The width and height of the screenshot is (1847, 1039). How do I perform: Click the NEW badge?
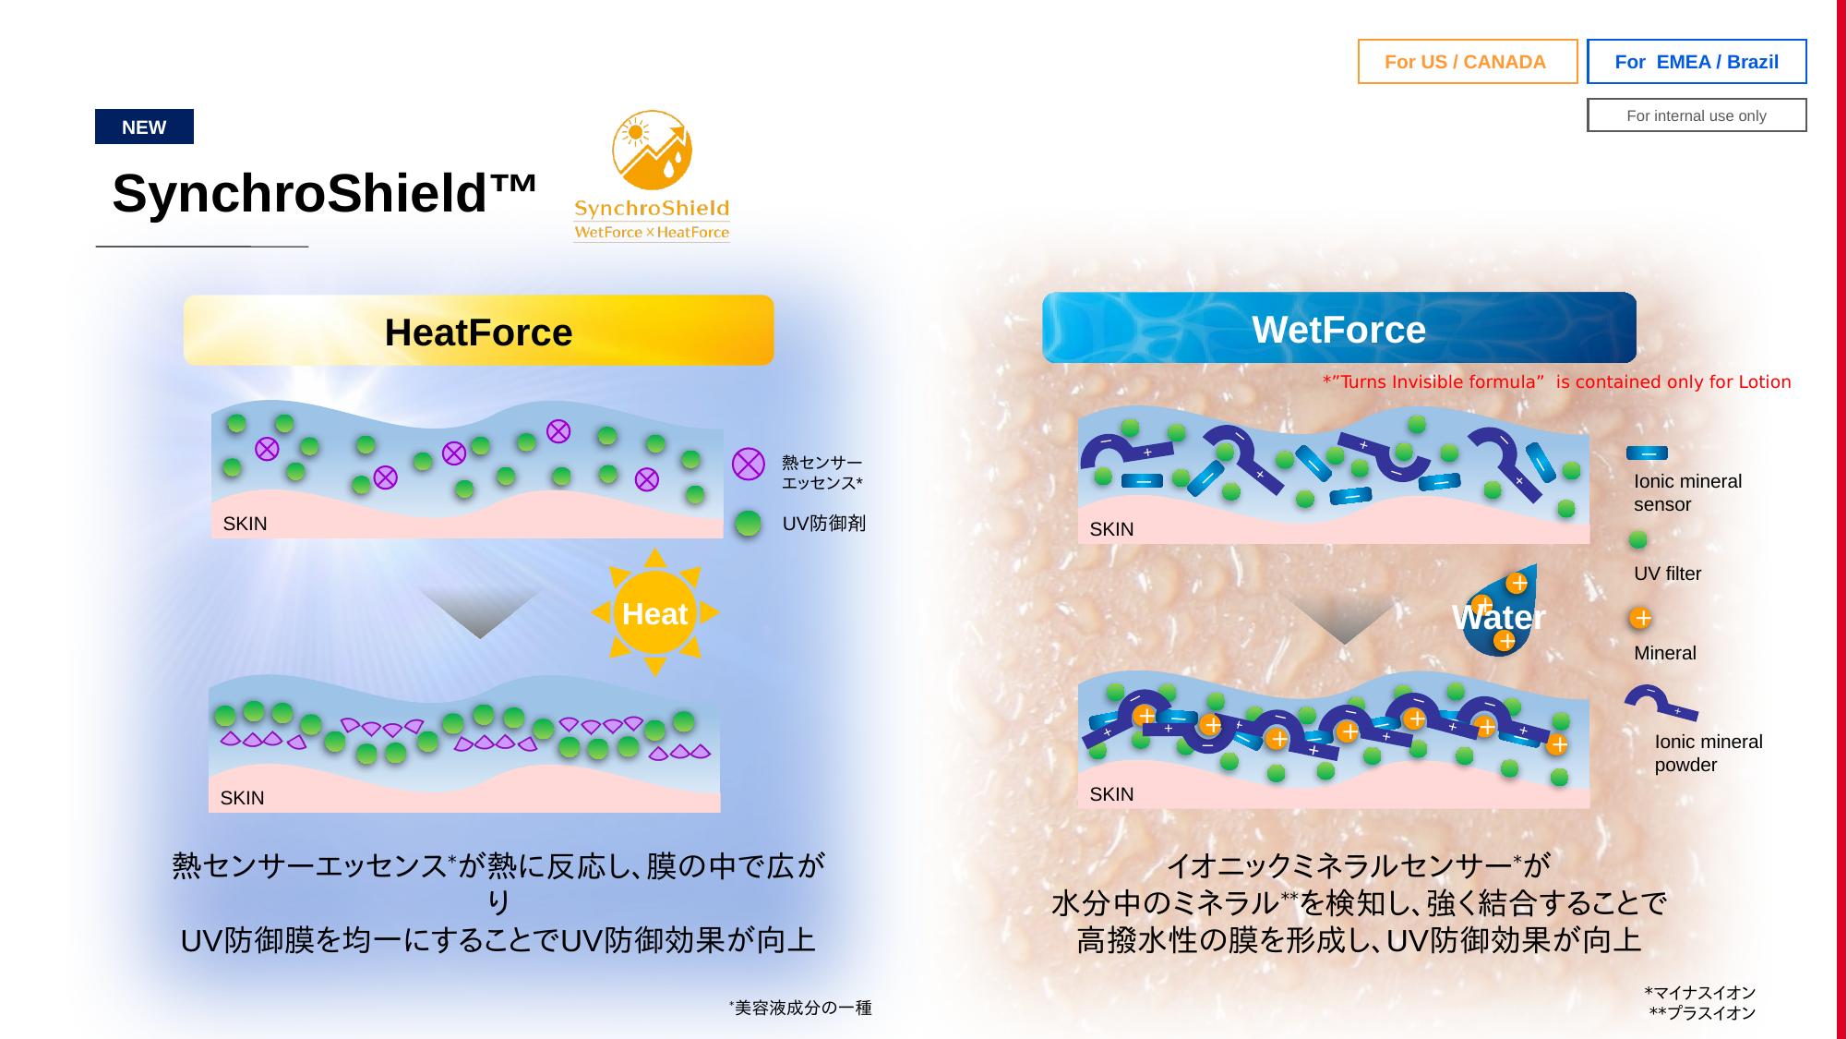tap(144, 127)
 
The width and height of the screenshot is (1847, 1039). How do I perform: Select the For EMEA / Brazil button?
tap(1697, 62)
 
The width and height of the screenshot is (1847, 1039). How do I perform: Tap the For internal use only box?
tap(1697, 115)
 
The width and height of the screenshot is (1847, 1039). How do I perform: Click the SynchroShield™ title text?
tap(324, 194)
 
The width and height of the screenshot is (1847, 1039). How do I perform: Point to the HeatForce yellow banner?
tap(478, 331)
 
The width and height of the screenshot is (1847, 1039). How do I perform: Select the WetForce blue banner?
tap(1338, 328)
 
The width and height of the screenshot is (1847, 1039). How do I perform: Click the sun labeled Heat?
tap(654, 612)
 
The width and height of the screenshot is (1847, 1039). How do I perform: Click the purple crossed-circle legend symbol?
tap(749, 464)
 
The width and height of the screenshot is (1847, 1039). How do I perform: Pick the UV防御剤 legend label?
tap(824, 524)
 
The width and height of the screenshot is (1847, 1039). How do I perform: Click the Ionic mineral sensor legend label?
tap(1687, 492)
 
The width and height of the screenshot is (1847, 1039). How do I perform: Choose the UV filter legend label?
tap(1667, 574)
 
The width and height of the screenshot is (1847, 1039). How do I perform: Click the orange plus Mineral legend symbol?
tap(1640, 618)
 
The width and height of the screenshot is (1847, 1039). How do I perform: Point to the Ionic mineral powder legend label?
tap(1708, 753)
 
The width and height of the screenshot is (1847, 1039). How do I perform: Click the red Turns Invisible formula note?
tap(1556, 382)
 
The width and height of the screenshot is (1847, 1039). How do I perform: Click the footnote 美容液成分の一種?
tap(800, 1008)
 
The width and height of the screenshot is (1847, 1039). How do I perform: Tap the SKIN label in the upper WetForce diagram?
tap(1111, 529)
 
